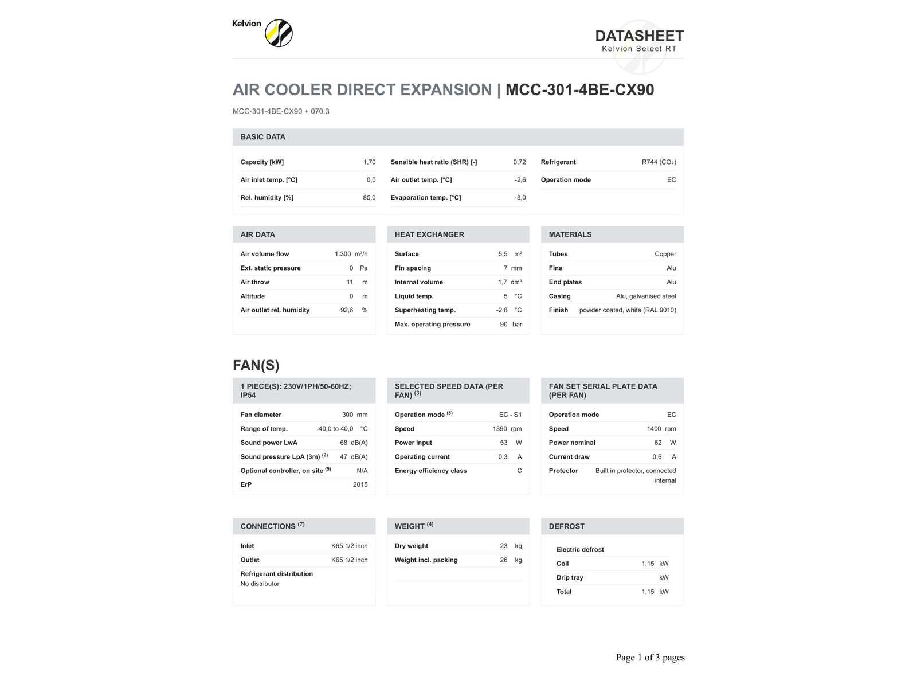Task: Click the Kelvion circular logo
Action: (279, 33)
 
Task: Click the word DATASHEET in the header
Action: (639, 36)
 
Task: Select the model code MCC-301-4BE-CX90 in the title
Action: (579, 90)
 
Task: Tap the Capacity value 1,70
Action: (369, 162)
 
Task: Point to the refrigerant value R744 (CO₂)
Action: (659, 162)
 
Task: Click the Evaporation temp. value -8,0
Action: (520, 198)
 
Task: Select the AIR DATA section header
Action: (257, 234)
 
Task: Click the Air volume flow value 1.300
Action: (343, 254)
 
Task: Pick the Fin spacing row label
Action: (413, 268)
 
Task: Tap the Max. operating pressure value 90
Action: (503, 325)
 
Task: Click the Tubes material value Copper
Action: (665, 254)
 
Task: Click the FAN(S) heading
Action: (256, 365)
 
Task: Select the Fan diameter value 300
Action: (347, 415)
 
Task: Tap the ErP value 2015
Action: (360, 484)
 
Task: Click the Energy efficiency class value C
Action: (519, 471)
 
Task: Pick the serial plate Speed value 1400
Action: (653, 429)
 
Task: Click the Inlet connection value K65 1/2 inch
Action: (349, 546)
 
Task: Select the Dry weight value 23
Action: (503, 546)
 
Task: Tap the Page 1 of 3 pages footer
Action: (650, 658)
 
